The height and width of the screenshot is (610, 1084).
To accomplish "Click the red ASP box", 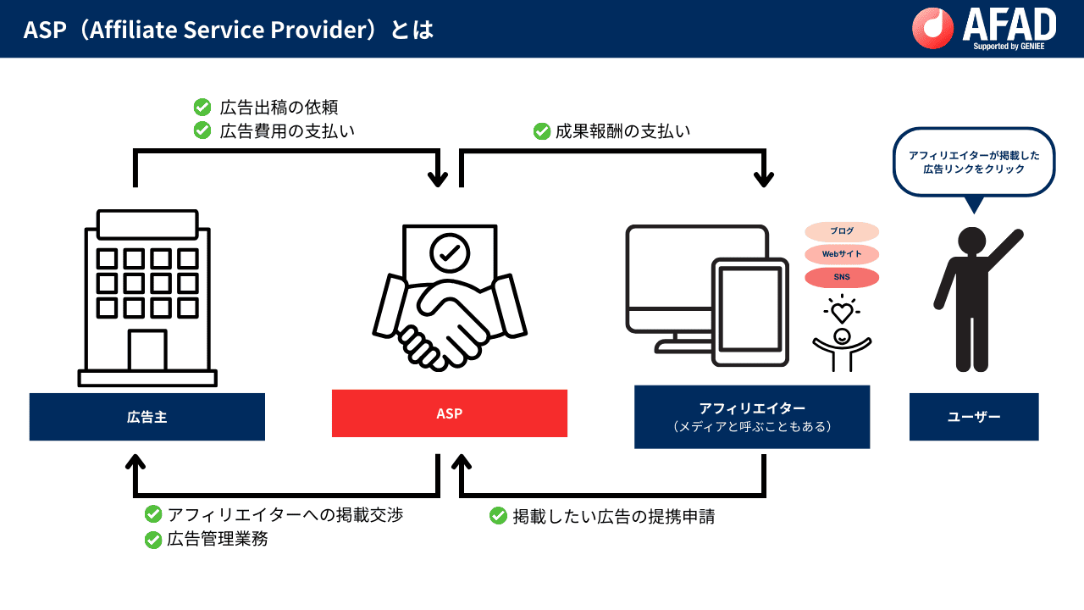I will (449, 413).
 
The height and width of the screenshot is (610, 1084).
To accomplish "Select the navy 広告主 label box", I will (147, 417).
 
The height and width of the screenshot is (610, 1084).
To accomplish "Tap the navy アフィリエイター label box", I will (751, 417).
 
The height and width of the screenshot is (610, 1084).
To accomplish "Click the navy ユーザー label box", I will (973, 417).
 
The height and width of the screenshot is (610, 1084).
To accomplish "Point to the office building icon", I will (147, 297).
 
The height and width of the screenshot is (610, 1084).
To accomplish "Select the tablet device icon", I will (750, 311).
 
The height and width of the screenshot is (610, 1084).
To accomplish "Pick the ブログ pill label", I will (841, 231).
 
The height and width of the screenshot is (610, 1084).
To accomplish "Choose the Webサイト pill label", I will (841, 254).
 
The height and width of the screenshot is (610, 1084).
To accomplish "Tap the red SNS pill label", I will (841, 277).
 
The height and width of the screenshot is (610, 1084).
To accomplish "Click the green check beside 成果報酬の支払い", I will (542, 131).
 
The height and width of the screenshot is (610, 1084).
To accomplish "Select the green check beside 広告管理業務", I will (153, 539).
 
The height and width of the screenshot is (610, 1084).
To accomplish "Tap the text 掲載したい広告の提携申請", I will (613, 516).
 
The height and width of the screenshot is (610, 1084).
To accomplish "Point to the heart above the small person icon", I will (841, 311).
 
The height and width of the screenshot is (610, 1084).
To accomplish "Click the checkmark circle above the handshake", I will (449, 251).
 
